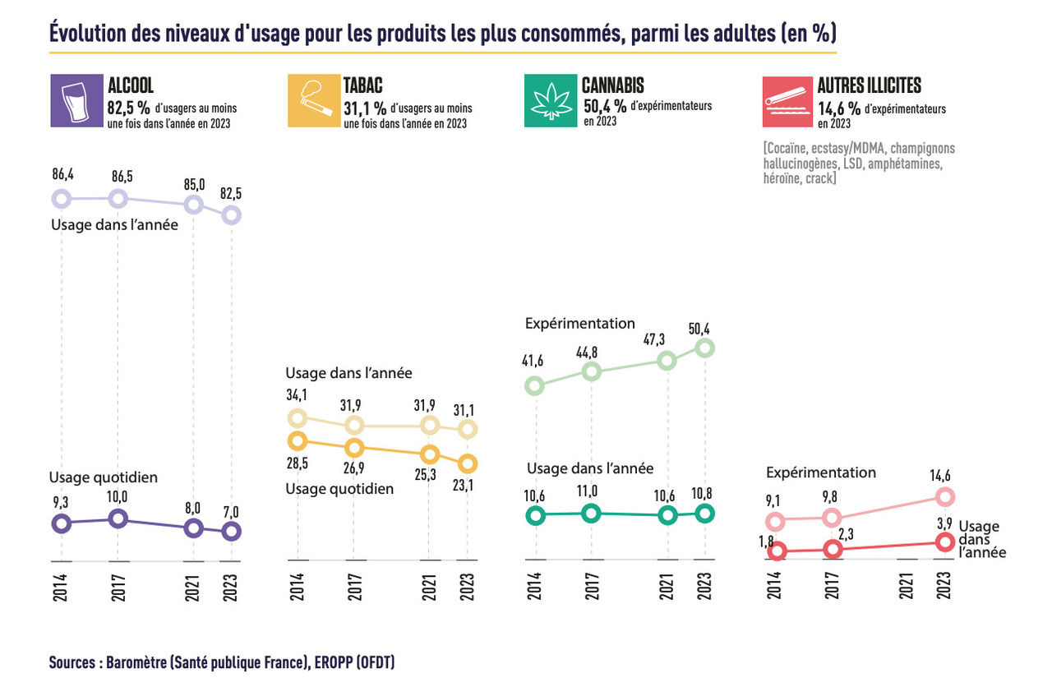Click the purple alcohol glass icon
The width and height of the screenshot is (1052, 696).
[x=75, y=101]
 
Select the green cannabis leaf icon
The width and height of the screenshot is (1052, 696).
[x=549, y=101]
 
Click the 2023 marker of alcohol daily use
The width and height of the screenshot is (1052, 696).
[x=232, y=531]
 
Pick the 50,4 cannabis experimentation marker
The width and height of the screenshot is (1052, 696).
[x=704, y=348]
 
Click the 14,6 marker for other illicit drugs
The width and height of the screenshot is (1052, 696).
[x=944, y=496]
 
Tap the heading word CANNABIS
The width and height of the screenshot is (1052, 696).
[x=612, y=85]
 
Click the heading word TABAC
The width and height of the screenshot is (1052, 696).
[x=362, y=85]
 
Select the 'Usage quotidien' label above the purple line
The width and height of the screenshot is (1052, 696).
[x=103, y=477]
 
